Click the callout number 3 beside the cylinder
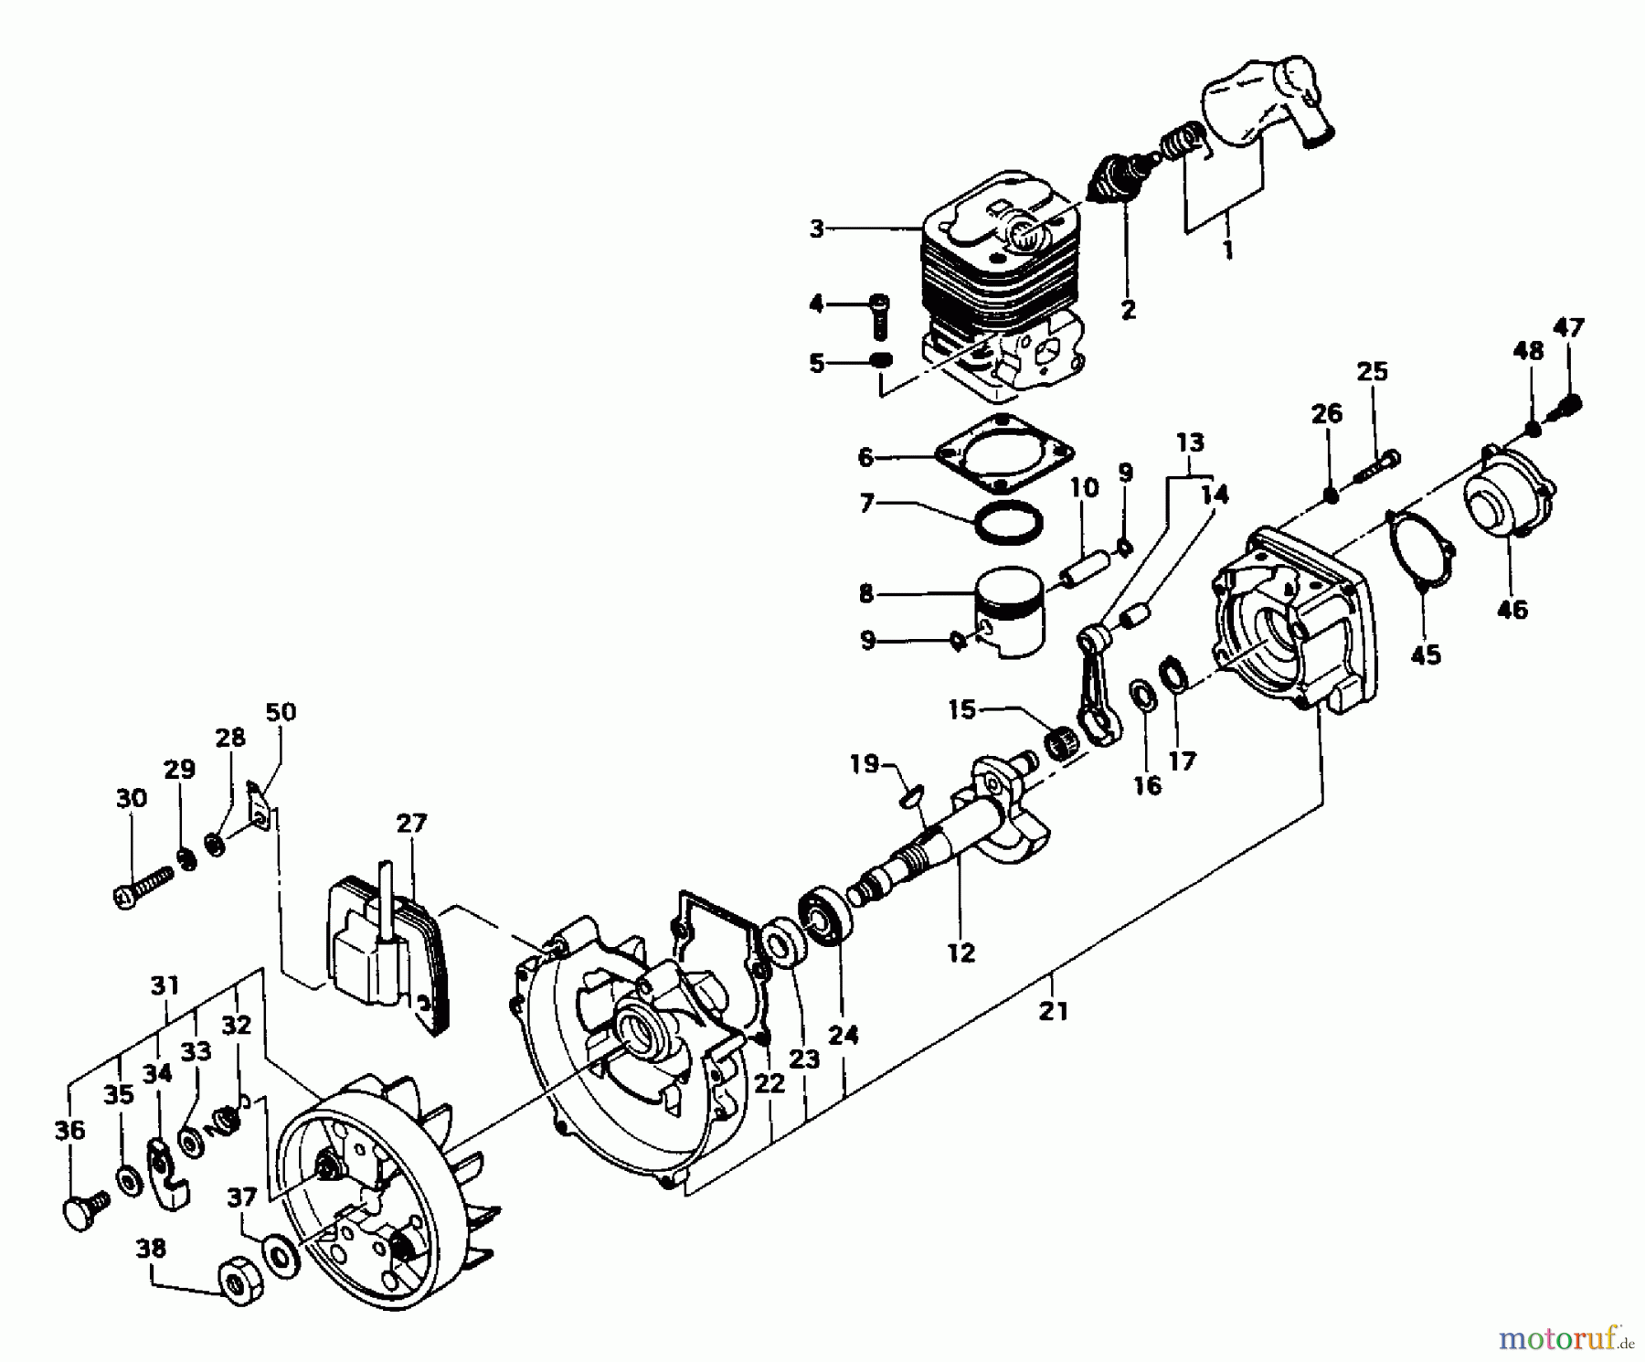(817, 229)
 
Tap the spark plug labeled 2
(1118, 178)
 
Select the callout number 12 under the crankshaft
(961, 952)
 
